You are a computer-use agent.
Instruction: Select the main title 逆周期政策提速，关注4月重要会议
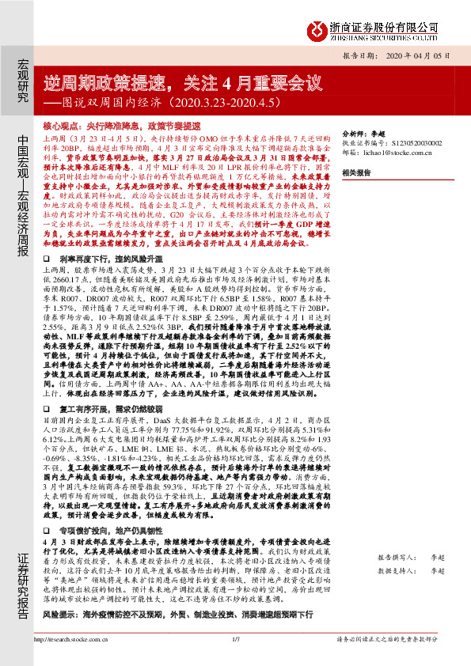coord(183,83)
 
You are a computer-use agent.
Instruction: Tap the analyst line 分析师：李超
coord(363,134)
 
